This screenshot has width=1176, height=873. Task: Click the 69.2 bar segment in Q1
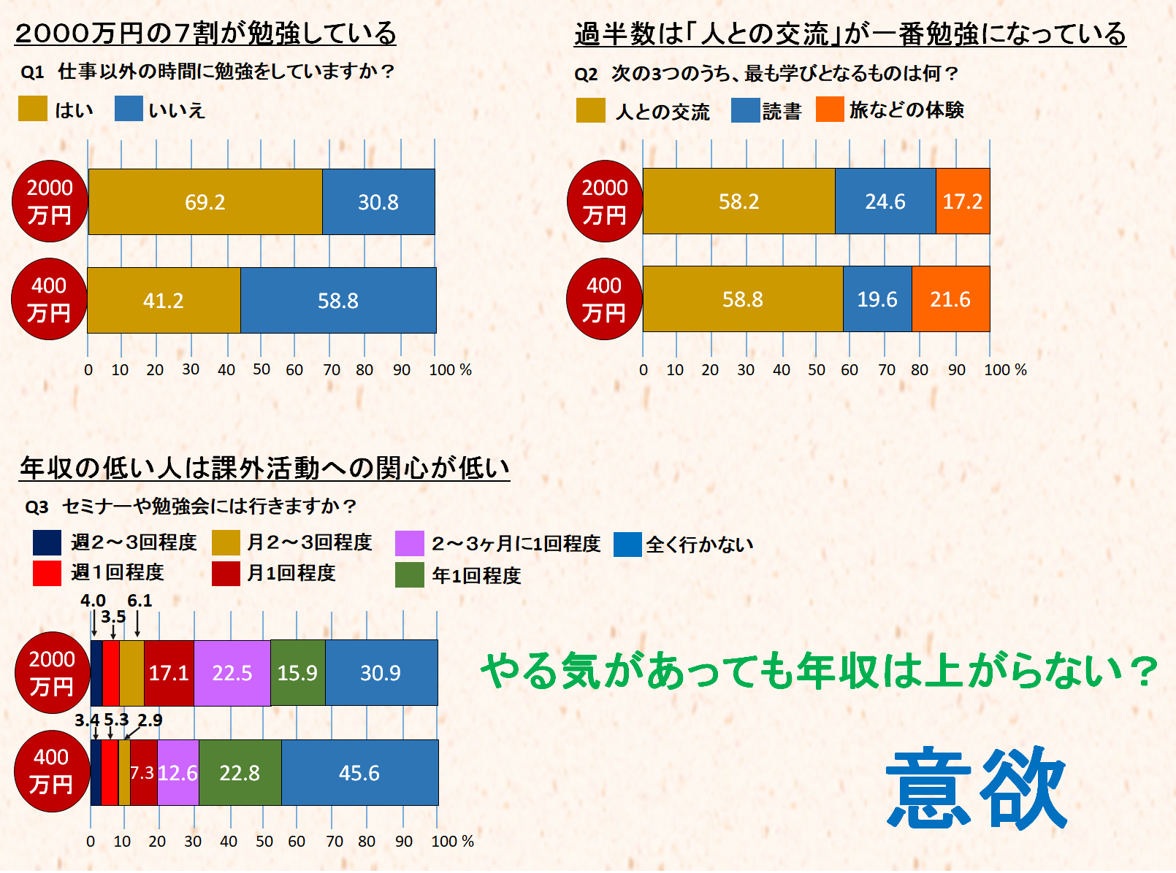[205, 202]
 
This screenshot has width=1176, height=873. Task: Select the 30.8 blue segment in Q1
[378, 202]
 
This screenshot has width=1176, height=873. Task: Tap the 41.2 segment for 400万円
[164, 301]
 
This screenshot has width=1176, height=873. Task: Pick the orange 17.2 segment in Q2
[963, 201]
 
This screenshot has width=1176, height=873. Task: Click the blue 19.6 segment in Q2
[877, 299]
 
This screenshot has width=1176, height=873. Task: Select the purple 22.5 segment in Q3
[232, 673]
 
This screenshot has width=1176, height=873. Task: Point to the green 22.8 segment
[240, 773]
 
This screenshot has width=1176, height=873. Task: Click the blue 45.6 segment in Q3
[359, 773]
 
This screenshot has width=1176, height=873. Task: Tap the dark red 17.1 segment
[169, 673]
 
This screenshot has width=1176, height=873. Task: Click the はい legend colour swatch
[33, 109]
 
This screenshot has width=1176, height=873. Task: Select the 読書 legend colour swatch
[745, 110]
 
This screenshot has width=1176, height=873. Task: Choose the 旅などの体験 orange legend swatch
[830, 109]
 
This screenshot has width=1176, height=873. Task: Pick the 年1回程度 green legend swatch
[409, 575]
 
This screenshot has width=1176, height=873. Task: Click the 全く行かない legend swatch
[627, 545]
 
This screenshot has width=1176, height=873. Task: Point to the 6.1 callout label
[140, 601]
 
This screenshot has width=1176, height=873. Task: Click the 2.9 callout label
[150, 720]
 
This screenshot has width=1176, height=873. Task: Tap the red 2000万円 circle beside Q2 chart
[605, 201]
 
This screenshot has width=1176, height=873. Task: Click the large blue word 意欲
[977, 788]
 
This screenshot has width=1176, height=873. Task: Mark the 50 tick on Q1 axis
[261, 370]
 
